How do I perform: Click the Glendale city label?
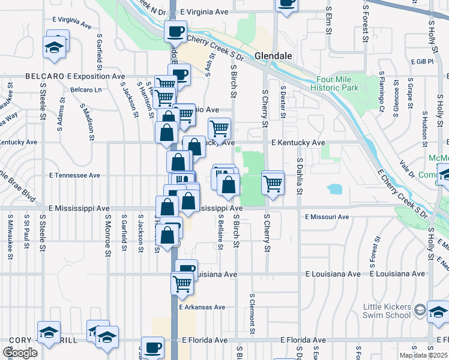point(273,55)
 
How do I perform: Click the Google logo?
point(20,352)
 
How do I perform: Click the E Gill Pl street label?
point(422,62)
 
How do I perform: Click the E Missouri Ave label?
point(327,217)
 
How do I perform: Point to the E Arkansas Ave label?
point(202,307)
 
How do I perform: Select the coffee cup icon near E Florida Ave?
point(152,346)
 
